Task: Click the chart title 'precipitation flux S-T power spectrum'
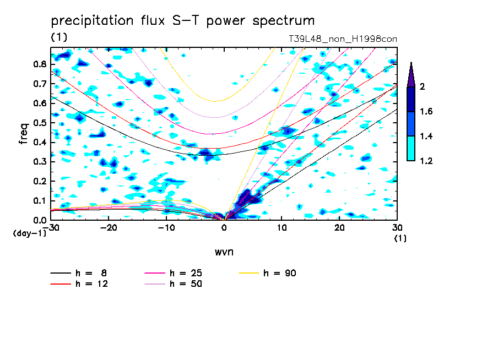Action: point(182,21)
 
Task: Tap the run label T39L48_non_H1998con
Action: point(343,39)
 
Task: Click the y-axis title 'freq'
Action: point(23,134)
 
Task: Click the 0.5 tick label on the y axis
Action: point(40,123)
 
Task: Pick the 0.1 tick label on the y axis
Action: point(40,201)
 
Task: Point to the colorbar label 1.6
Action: point(426,112)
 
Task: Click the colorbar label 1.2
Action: point(426,161)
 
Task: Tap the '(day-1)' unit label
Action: point(29,233)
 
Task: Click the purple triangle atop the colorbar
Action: point(411,75)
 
